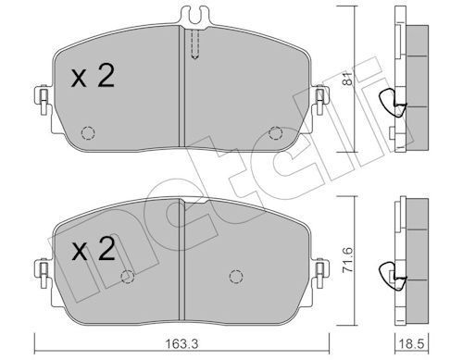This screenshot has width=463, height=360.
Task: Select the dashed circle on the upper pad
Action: (88, 130)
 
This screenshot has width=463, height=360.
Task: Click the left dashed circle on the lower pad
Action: (129, 276)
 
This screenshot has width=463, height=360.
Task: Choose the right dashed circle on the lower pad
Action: (236, 276)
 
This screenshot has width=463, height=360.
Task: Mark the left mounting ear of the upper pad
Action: (42, 97)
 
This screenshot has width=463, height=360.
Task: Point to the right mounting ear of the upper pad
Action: (320, 97)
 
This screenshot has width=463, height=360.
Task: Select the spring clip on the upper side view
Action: (396, 105)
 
